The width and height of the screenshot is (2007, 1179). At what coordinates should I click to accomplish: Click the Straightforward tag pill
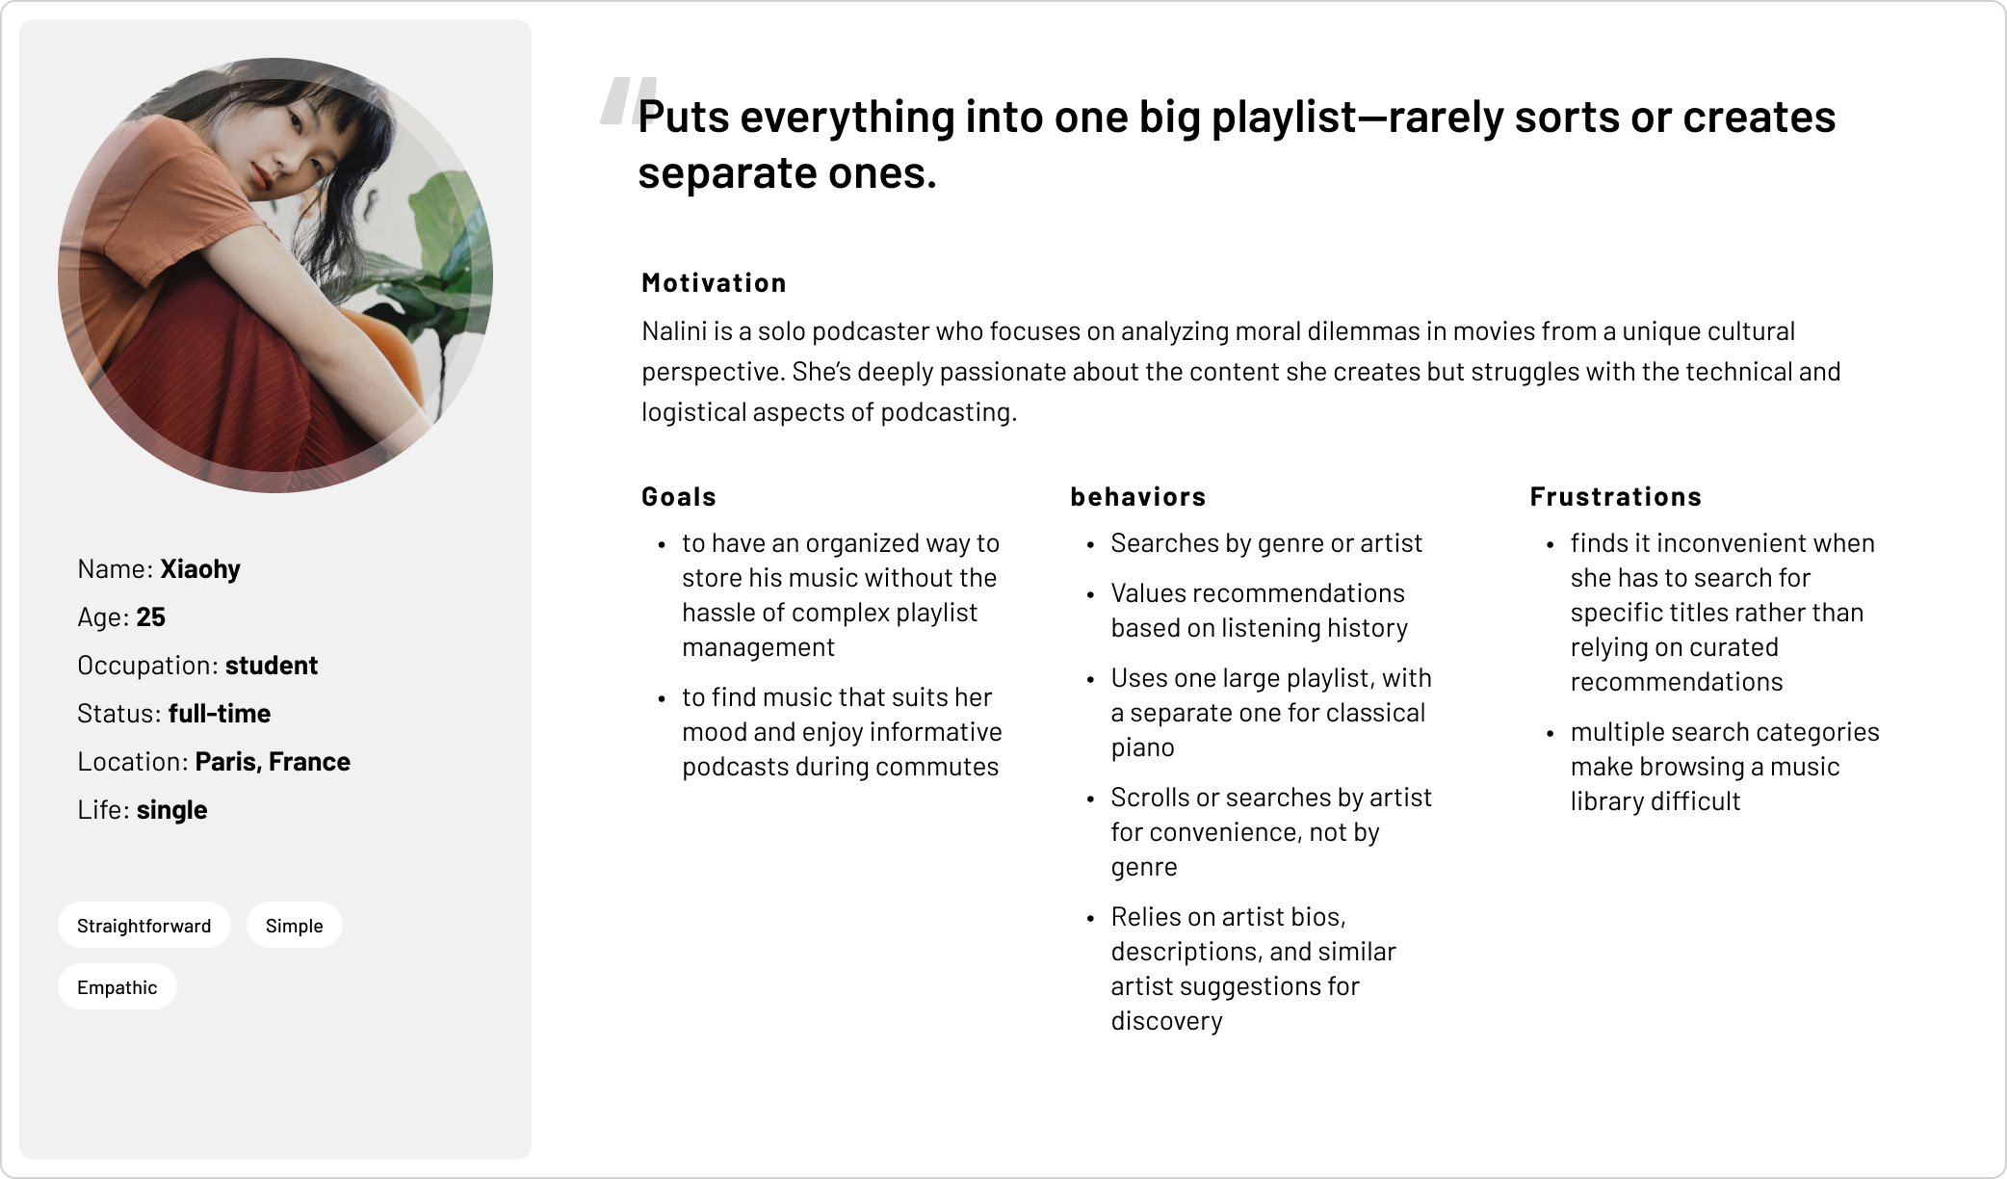pyautogui.click(x=144, y=925)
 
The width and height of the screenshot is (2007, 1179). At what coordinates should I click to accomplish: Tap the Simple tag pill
pyautogui.click(x=295, y=925)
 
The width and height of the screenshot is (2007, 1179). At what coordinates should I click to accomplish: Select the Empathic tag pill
pyautogui.click(x=117, y=986)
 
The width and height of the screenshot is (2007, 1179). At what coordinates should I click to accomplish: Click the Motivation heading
pyautogui.click(x=714, y=283)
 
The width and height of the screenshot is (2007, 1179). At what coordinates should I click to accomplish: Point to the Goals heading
pyautogui.click(x=679, y=497)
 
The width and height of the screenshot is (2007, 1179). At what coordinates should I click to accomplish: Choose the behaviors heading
pyautogui.click(x=1138, y=497)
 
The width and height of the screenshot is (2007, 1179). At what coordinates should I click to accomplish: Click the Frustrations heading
pyautogui.click(x=1616, y=497)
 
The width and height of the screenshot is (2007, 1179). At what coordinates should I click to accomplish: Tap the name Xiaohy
pyautogui.click(x=200, y=569)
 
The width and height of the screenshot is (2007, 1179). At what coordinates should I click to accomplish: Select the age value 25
pyautogui.click(x=151, y=617)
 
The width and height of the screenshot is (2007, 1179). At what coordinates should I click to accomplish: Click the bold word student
pyautogui.click(x=272, y=666)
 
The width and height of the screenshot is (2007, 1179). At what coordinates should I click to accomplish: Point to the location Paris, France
pyautogui.click(x=273, y=762)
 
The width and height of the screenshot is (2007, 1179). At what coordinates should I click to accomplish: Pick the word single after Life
pyautogui.click(x=172, y=810)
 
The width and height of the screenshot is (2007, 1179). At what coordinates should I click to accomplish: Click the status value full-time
pyautogui.click(x=220, y=714)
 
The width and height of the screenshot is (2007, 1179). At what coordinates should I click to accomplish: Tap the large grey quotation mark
pyautogui.click(x=628, y=101)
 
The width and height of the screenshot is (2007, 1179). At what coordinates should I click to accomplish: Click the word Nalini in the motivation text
pyautogui.click(x=674, y=331)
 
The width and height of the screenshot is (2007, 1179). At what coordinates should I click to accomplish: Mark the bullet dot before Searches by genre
pyautogui.click(x=1090, y=545)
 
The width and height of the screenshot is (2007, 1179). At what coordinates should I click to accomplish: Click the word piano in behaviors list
pyautogui.click(x=1143, y=748)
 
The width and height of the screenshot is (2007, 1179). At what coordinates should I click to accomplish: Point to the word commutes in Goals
pyautogui.click(x=944, y=767)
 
